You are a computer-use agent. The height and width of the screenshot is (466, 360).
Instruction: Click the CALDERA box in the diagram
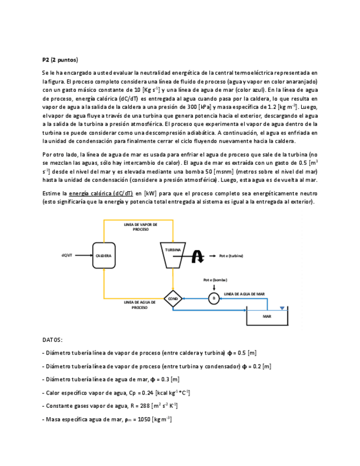pos(104,256)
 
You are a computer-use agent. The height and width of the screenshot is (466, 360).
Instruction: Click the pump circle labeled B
pos(213,298)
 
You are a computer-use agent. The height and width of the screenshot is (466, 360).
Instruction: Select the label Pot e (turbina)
pos(231,256)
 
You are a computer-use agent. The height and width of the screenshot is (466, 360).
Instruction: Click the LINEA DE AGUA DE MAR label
pos(244,294)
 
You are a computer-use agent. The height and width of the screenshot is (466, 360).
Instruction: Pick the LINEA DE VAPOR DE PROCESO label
pos(141,226)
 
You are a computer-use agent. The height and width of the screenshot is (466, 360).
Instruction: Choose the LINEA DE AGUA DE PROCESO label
pos(139,305)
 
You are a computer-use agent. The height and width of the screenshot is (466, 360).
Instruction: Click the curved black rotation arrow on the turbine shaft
pos(198,256)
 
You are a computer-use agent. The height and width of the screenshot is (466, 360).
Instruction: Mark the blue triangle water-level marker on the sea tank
pos(282,308)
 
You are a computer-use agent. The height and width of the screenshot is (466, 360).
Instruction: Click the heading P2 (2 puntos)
pos(60,59)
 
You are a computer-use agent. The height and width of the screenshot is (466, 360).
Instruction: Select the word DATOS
pos(52,340)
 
